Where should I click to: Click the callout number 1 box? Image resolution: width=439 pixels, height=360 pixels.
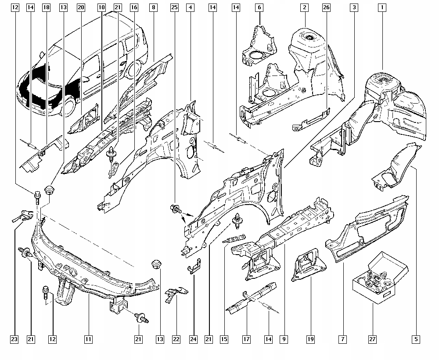(383, 7)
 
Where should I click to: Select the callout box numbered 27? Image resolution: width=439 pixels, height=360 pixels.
(372, 339)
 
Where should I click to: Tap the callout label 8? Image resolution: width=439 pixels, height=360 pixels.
(153, 7)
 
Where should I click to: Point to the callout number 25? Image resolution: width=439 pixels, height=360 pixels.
(175, 7)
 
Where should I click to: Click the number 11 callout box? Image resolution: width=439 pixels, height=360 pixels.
(88, 339)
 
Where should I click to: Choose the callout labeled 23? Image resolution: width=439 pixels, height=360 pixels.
(14, 339)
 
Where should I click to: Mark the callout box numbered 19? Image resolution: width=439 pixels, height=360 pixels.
(311, 339)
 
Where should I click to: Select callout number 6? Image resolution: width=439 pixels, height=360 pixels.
(259, 7)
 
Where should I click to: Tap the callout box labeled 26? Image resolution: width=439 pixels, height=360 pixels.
(326, 7)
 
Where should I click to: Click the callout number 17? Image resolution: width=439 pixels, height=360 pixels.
(246, 339)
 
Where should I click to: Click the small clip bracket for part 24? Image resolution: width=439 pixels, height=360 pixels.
(194, 267)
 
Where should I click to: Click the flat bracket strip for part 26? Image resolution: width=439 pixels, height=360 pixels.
(310, 119)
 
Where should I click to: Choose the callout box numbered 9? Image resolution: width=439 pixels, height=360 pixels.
(284, 339)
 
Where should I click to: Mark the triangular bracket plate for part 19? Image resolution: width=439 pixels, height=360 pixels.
(309, 265)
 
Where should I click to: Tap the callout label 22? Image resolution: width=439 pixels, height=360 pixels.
(176, 339)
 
